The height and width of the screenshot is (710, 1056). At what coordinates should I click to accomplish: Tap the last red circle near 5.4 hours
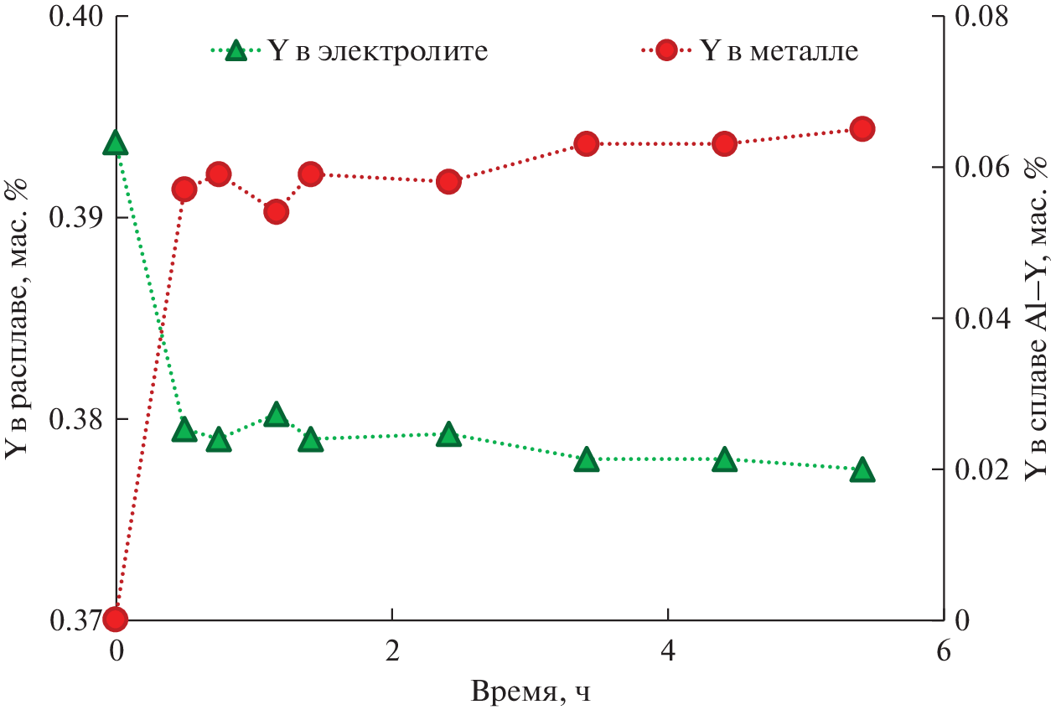862,129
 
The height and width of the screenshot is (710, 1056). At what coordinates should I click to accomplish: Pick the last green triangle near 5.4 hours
862,471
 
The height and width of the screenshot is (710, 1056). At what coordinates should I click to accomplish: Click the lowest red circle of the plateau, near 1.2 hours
277,212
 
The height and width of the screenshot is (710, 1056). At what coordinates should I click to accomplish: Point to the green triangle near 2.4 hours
448,434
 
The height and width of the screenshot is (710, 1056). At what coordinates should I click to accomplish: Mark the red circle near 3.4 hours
587,144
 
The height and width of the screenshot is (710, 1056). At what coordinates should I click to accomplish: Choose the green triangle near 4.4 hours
724,460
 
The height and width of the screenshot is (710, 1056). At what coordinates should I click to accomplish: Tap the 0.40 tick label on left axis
74,18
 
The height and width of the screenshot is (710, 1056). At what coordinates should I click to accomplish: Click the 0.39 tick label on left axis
74,219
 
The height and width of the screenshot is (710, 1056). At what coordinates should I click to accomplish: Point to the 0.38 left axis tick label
74,419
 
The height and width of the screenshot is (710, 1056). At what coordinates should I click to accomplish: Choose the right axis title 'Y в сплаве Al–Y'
1038,319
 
